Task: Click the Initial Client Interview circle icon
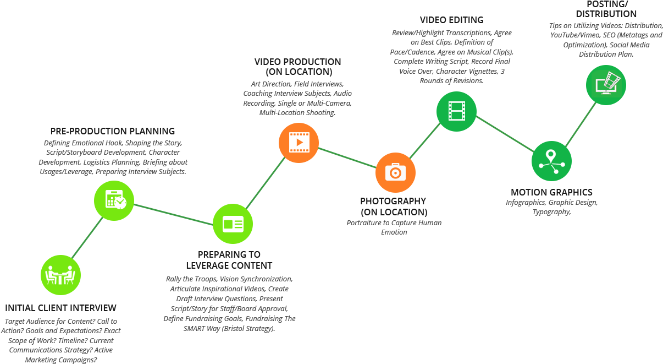60,275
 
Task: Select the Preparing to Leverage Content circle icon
233,224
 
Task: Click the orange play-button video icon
299,143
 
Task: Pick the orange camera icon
395,172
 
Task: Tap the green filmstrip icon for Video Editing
456,111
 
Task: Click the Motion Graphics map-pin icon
551,161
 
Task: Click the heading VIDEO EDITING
452,20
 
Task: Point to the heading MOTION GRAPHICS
551,192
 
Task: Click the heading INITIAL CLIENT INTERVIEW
60,308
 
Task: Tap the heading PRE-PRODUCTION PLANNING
113,131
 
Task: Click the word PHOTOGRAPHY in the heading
393,201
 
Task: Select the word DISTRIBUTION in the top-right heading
606,14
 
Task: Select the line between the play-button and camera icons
347,158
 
